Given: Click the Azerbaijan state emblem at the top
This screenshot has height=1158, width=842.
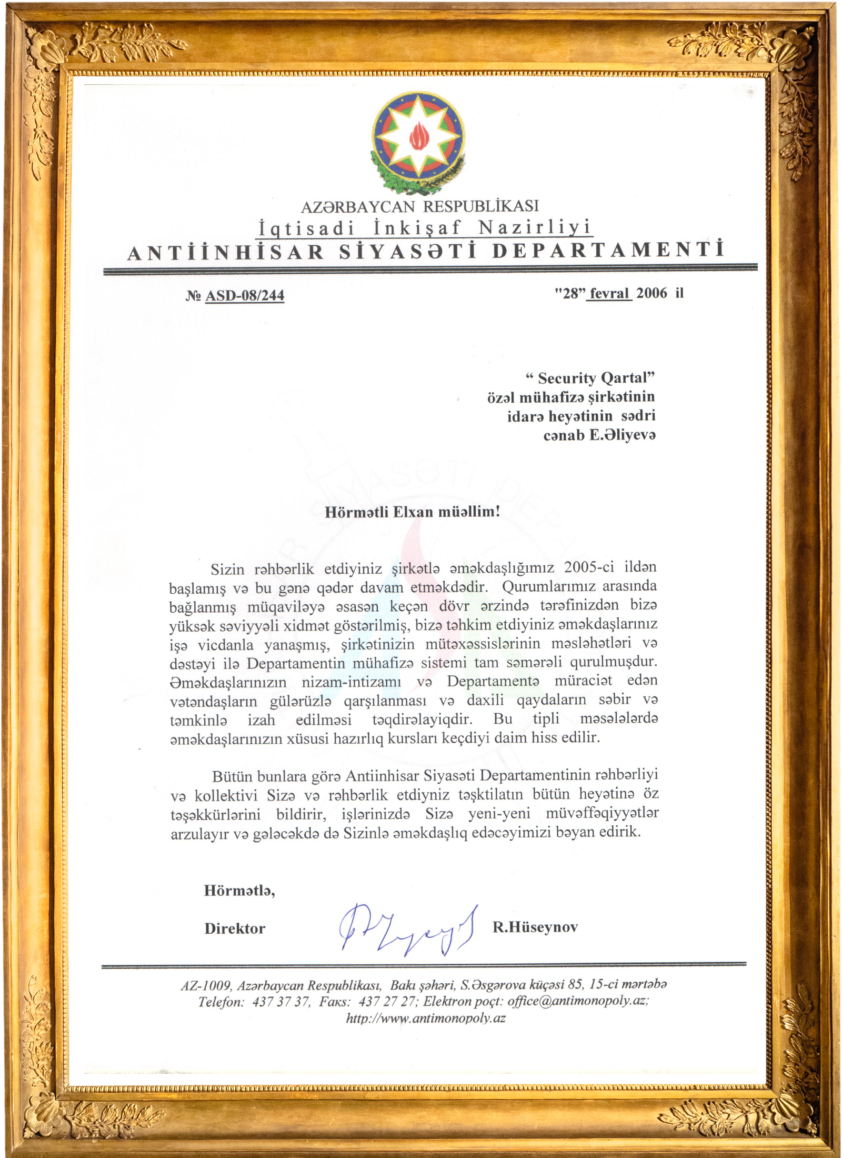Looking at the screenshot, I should [418, 139].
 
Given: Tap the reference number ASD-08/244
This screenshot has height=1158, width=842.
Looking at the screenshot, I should [244, 295].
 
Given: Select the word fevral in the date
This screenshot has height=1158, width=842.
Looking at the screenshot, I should [609, 293].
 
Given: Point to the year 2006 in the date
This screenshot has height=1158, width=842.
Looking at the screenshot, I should [651, 293].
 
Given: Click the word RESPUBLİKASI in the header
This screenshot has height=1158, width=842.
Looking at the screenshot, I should [481, 206].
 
